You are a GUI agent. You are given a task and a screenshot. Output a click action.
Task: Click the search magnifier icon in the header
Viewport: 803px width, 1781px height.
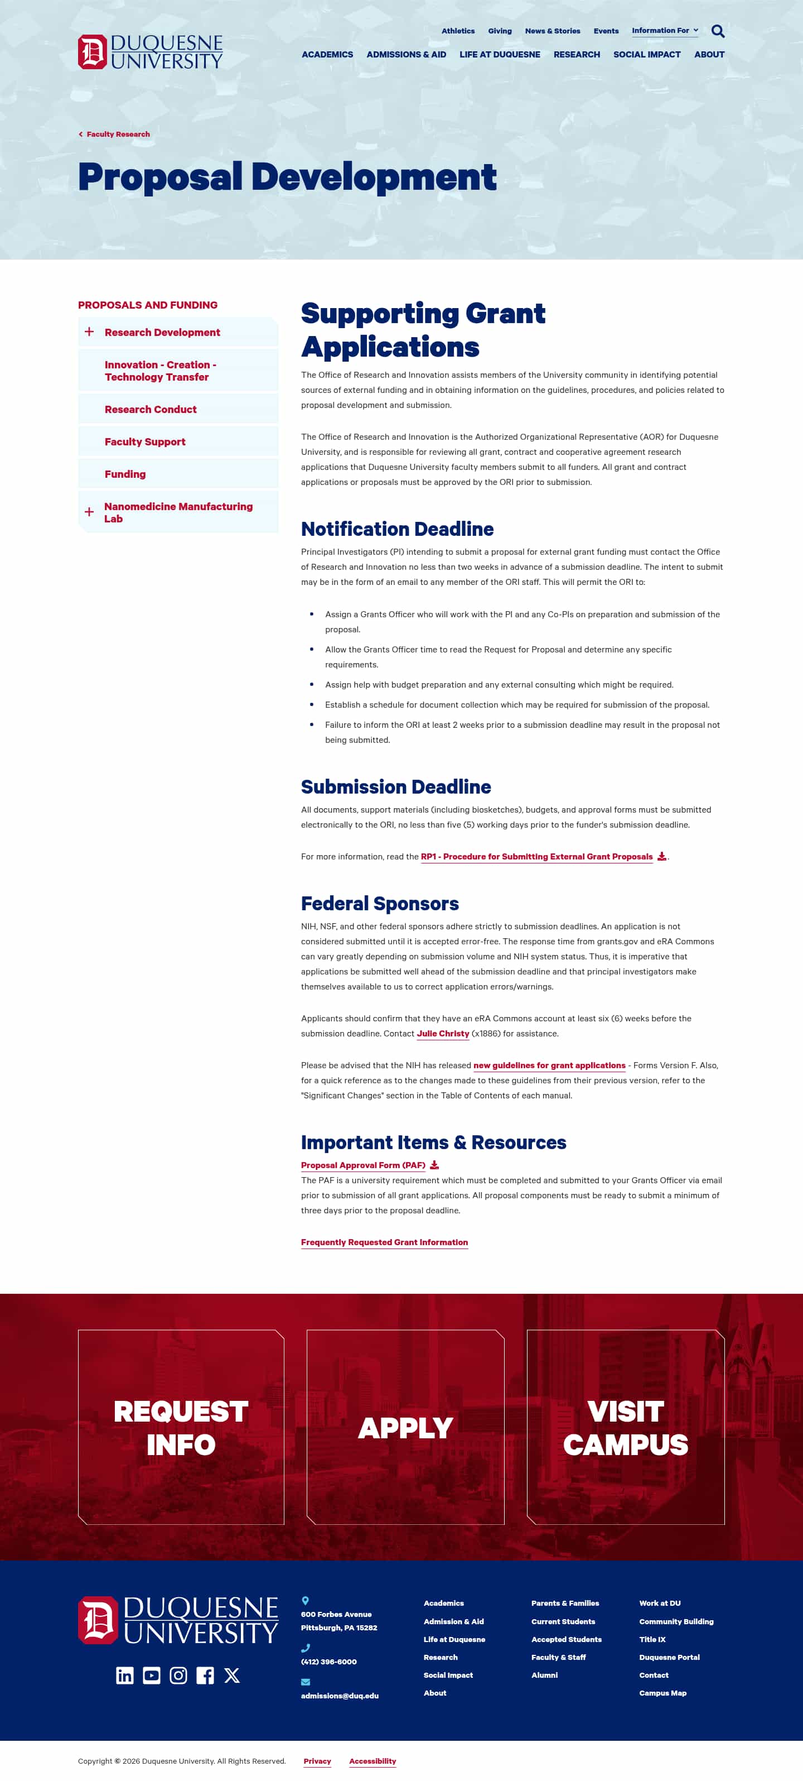(x=718, y=31)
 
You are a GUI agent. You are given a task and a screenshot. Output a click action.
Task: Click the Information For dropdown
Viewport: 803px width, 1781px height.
(x=664, y=31)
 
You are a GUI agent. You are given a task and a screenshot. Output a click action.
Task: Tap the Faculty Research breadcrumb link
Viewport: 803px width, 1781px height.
(x=118, y=134)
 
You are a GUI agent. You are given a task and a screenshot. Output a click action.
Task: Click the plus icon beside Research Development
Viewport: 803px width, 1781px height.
(x=89, y=332)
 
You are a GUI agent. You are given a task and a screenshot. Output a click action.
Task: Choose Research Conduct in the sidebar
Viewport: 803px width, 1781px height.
(x=151, y=409)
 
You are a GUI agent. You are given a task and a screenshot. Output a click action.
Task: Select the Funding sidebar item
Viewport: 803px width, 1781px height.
(x=125, y=474)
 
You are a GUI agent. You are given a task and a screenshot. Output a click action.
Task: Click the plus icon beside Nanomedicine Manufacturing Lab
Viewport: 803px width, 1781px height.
(x=89, y=512)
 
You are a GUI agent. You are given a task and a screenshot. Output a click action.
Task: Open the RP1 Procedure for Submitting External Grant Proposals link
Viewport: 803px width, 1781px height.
(x=536, y=857)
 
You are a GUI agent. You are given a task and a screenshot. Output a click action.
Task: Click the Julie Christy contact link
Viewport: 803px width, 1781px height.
(x=443, y=1034)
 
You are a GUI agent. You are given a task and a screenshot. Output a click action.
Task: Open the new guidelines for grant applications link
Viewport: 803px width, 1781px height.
(x=549, y=1065)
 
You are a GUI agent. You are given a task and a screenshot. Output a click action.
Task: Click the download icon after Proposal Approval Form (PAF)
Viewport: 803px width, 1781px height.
(x=434, y=1165)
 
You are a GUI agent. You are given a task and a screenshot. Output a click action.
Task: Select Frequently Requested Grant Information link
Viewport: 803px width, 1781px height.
(x=384, y=1242)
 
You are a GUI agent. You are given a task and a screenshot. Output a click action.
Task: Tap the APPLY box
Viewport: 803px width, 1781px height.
(x=405, y=1427)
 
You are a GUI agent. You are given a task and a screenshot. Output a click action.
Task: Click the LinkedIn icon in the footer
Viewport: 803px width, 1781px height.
(x=124, y=1675)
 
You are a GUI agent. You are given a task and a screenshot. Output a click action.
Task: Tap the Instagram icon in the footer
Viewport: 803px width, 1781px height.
(x=178, y=1675)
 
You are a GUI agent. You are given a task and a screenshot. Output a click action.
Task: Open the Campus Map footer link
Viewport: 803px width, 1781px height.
(x=662, y=1693)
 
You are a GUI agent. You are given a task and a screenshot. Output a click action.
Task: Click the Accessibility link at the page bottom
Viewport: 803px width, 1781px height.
(x=373, y=1761)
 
